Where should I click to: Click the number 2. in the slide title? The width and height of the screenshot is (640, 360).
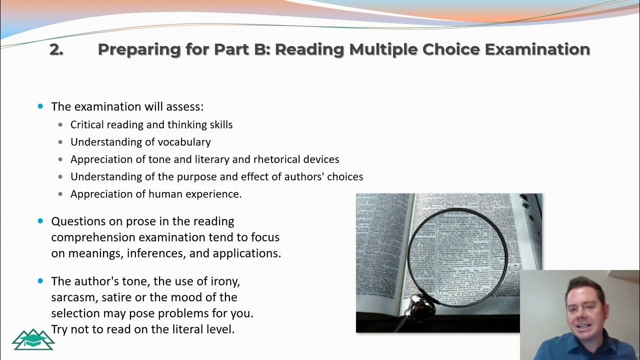(x=56, y=49)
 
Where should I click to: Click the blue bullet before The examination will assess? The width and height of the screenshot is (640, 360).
(x=41, y=106)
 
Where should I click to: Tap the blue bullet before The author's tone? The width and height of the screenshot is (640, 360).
(x=41, y=281)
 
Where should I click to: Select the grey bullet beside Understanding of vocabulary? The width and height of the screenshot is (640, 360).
(x=61, y=142)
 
